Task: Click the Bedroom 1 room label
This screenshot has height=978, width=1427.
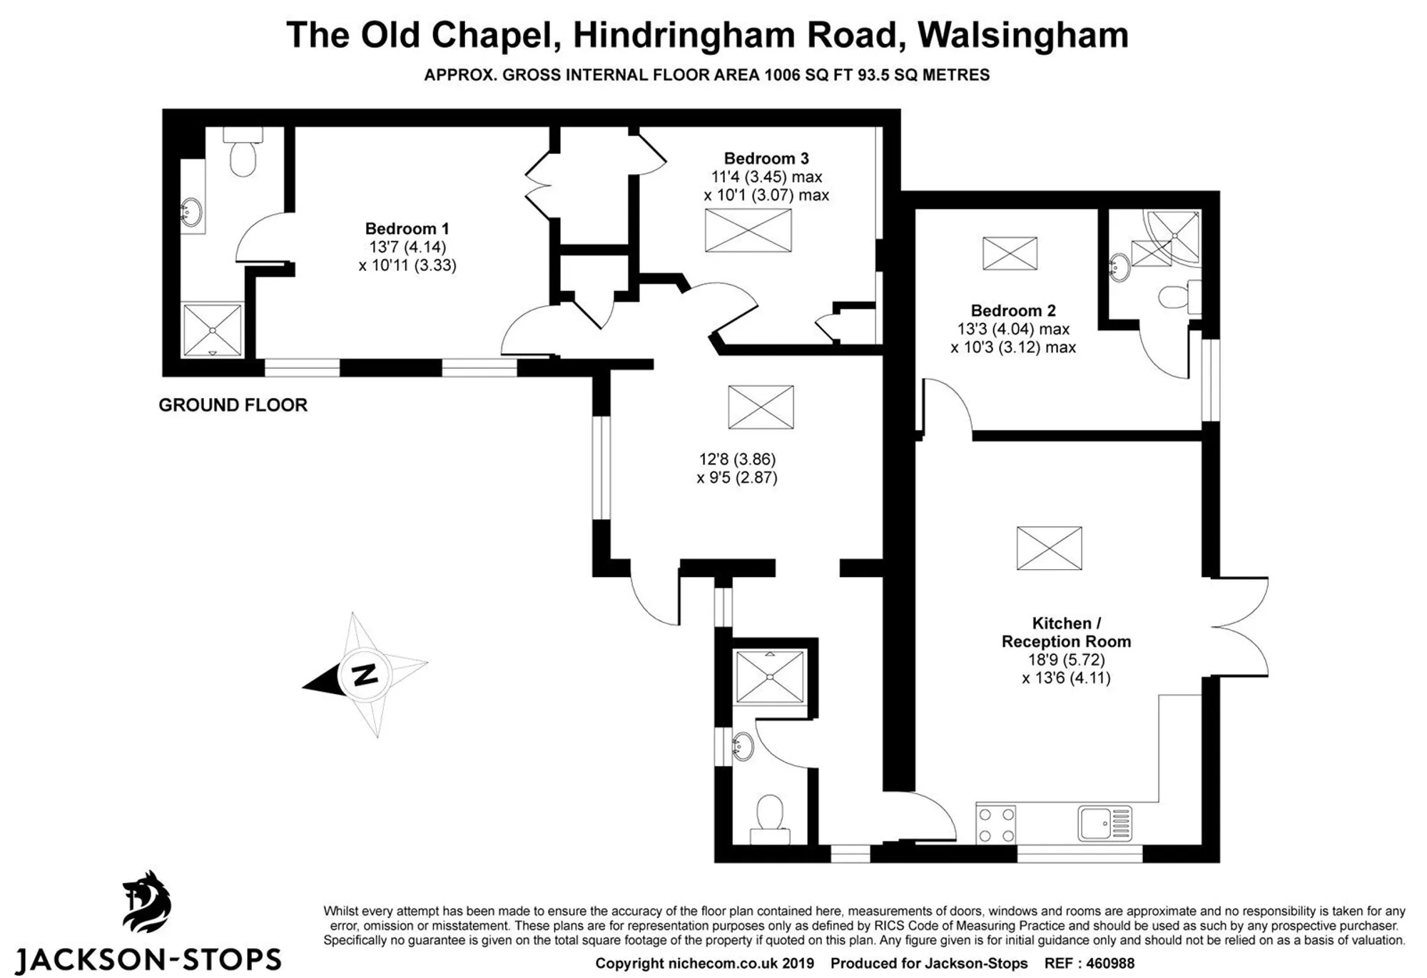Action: [407, 229]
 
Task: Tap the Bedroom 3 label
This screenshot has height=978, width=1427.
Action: [766, 158]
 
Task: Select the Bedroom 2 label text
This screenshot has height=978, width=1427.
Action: [1013, 311]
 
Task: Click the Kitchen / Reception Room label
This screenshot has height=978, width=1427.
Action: [1066, 632]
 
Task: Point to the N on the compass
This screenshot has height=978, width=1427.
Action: [365, 673]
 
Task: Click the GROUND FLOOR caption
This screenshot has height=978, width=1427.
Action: [233, 405]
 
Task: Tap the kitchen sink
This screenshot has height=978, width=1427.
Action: [1104, 824]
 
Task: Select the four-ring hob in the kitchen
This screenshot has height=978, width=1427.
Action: [996, 825]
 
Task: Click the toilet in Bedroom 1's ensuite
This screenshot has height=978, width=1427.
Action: [243, 151]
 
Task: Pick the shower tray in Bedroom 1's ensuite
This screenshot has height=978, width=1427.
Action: [213, 330]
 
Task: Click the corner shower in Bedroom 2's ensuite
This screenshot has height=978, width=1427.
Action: [1172, 238]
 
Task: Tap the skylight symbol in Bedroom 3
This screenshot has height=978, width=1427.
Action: [748, 230]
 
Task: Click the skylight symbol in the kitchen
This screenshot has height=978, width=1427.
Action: [1049, 548]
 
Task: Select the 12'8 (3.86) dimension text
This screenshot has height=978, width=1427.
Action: [737, 459]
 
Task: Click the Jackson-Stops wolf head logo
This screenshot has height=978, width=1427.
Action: [148, 902]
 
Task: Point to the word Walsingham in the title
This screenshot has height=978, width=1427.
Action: [1022, 35]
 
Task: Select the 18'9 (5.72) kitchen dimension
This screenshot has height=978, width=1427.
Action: [1066, 660]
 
